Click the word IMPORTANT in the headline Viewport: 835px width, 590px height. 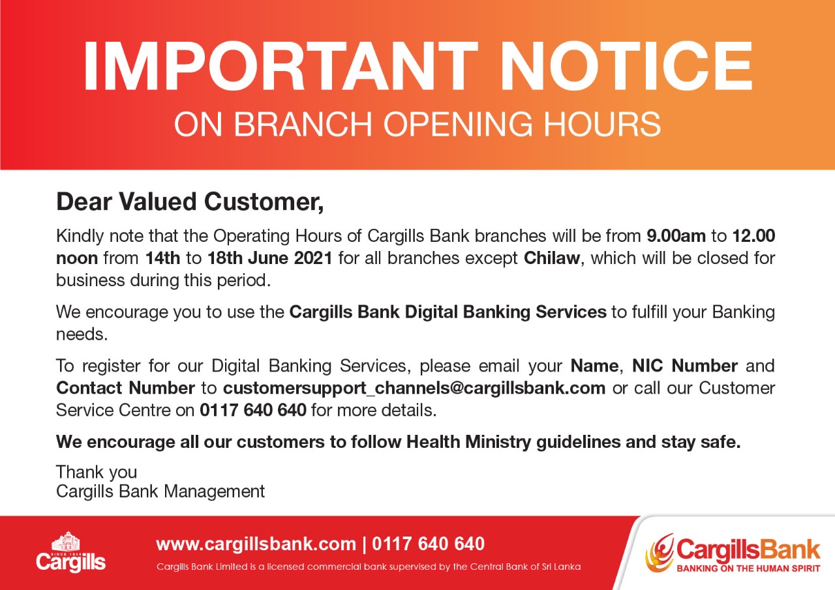tap(281, 66)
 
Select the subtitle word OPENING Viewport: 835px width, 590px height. tap(458, 124)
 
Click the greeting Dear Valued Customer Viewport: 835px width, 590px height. tap(190, 202)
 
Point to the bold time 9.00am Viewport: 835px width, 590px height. tap(676, 236)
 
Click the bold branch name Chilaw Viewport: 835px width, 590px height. tap(552, 258)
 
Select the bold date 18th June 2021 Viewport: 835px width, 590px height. tap(269, 258)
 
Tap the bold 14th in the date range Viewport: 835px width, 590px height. tap(162, 258)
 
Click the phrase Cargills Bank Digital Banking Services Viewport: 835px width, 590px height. tap(448, 312)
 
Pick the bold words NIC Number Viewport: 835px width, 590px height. tap(685, 366)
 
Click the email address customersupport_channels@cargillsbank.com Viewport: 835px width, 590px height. tap(414, 389)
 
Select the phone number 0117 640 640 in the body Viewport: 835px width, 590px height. tap(253, 411)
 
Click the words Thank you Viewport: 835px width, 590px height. tap(97, 473)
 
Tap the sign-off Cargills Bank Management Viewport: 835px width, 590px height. tap(160, 492)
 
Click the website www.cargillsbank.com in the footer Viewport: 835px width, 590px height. tap(256, 544)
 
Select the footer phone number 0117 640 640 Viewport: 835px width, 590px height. tap(428, 544)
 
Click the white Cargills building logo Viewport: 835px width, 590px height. tap(70, 552)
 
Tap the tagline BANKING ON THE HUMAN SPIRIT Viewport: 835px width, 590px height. tap(748, 568)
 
